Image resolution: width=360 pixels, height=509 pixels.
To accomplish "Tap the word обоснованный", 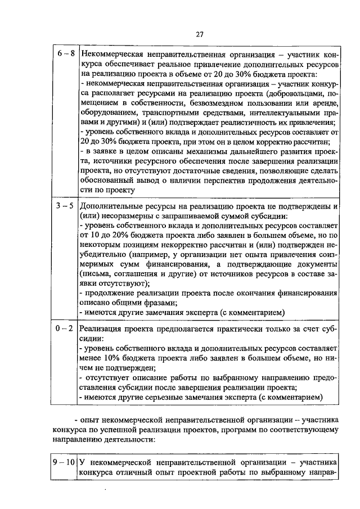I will click(109, 181).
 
